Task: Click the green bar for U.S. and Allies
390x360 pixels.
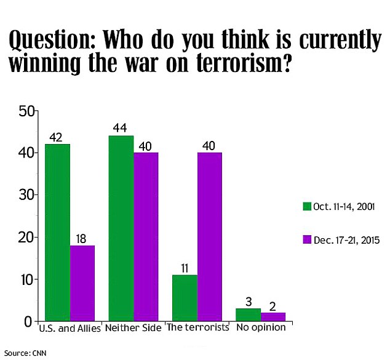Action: click(57, 233)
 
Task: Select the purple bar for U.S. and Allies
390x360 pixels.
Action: click(82, 283)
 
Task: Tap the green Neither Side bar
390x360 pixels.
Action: click(121, 228)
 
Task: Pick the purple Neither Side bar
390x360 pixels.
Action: click(146, 236)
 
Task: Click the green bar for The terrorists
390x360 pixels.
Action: click(185, 298)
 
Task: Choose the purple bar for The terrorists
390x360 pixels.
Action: click(210, 236)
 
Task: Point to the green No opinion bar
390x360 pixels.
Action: click(249, 314)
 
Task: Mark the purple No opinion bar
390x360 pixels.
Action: click(273, 317)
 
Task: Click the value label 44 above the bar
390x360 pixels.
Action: click(120, 128)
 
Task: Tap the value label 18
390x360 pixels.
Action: click(81, 239)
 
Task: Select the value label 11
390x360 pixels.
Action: click(185, 268)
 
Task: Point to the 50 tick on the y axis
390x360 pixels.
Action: click(26, 112)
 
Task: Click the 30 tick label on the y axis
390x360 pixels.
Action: click(26, 195)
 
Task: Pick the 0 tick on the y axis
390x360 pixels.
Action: click(28, 322)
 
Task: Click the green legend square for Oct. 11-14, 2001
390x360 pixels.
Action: click(307, 206)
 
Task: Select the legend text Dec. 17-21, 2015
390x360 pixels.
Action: click(347, 241)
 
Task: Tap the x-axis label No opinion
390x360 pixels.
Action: click(261, 327)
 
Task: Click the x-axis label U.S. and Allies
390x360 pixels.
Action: click(70, 329)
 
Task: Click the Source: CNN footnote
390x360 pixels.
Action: click(25, 353)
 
